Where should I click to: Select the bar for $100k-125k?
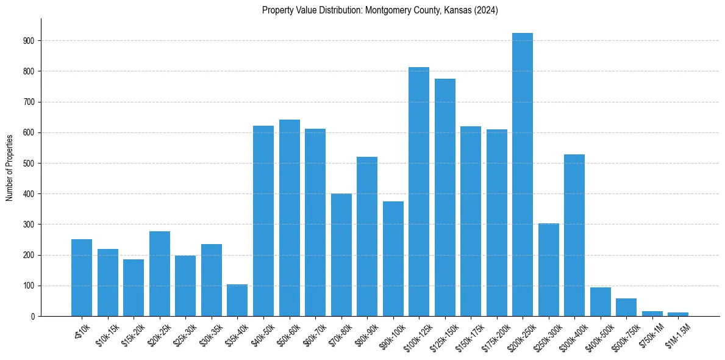coord(419,192)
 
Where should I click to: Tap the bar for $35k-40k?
coord(237,300)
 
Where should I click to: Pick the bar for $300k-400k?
coord(574,235)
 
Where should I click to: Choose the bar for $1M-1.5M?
coord(678,314)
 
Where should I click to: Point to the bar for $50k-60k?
coord(289,218)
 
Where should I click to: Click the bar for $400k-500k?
coord(601,302)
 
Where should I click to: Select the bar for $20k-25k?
coord(160,273)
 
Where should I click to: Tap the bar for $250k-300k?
coord(549,270)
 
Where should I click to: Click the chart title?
coord(380,10)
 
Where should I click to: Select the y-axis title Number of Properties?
coord(10,167)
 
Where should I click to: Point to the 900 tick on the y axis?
coord(29,41)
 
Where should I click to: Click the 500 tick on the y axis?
coord(29,164)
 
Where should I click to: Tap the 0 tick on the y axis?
coord(32,317)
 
